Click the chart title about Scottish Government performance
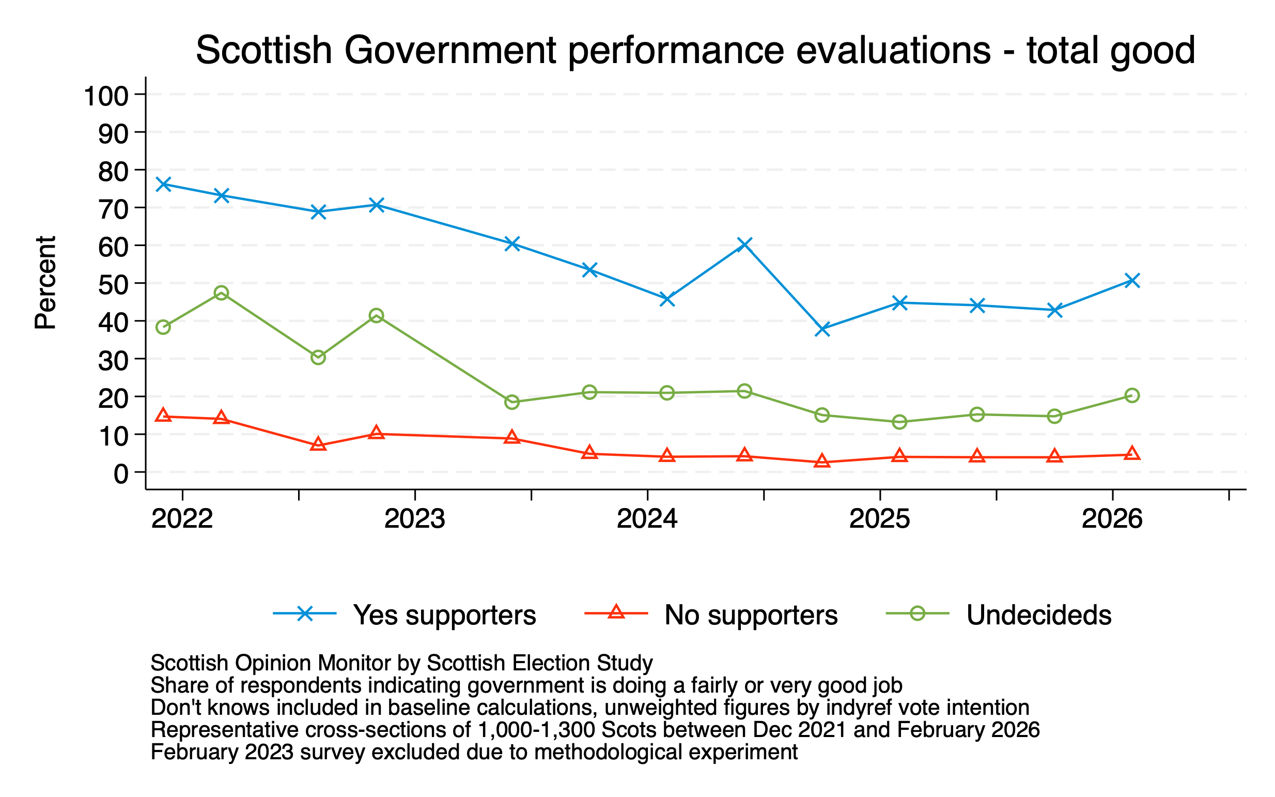695,51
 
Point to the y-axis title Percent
45,283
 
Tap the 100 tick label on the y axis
106,96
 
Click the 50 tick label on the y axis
113,285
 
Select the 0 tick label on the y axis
121,474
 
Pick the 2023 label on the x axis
415,519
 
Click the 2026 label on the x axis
1112,519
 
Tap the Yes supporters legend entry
444,615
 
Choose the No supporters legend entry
750,615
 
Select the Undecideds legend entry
1038,615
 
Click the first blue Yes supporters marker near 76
163,184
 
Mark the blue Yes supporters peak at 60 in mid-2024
744,244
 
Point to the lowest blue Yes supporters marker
822,329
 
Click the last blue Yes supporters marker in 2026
1132,280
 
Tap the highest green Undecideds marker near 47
221,293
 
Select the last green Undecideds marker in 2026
1132,395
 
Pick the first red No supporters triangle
163,416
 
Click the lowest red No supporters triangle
822,462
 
